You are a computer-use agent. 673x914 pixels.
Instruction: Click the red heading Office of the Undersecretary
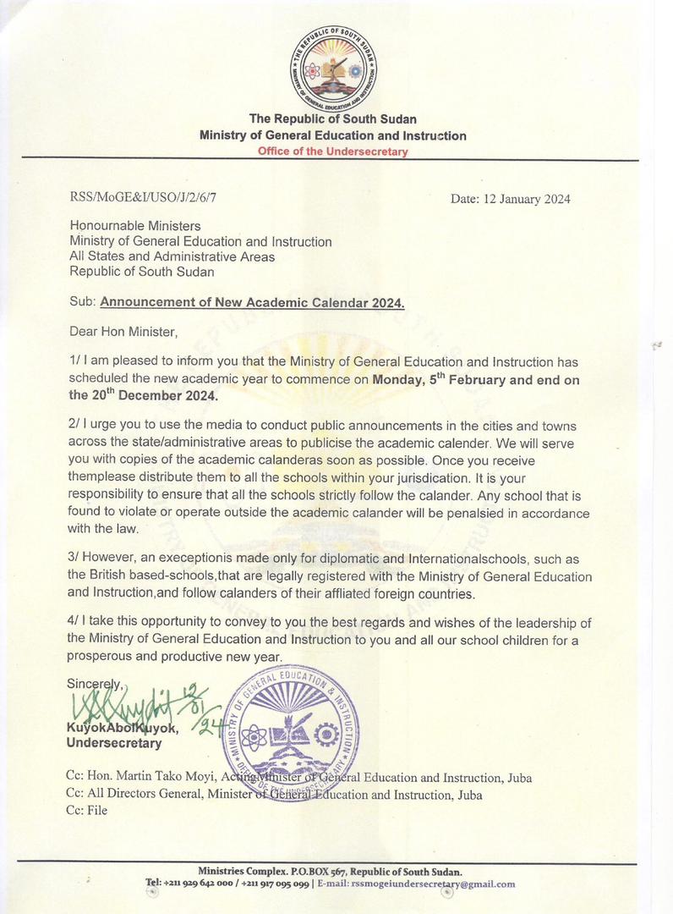click(333, 151)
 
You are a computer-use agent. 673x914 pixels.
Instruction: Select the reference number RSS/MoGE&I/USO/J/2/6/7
click(149, 200)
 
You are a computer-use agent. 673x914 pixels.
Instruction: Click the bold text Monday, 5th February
click(435, 379)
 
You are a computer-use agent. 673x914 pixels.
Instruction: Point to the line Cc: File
click(86, 810)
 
